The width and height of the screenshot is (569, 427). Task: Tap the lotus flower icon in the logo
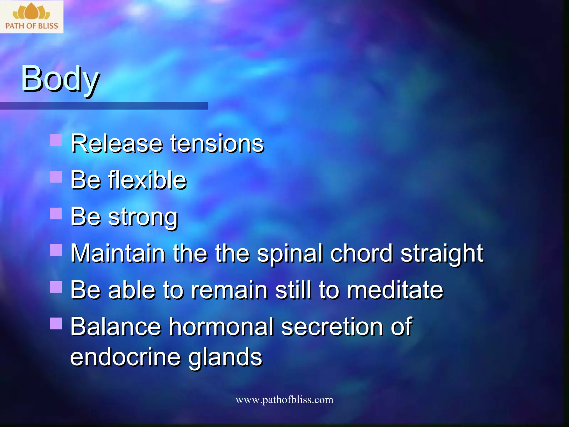click(x=31, y=12)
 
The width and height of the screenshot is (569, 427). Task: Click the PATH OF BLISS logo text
click(x=32, y=26)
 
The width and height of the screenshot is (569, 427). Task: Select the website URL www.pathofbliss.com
click(x=284, y=400)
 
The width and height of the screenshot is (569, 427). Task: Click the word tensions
click(x=217, y=144)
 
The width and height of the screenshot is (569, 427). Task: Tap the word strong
click(x=143, y=218)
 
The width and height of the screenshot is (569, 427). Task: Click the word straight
click(x=442, y=254)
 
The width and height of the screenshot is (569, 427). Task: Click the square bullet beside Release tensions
click(x=56, y=140)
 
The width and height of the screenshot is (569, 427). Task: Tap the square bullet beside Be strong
click(x=56, y=213)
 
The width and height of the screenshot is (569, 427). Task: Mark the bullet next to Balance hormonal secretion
click(x=56, y=323)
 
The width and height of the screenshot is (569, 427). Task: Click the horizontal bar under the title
click(x=104, y=106)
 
